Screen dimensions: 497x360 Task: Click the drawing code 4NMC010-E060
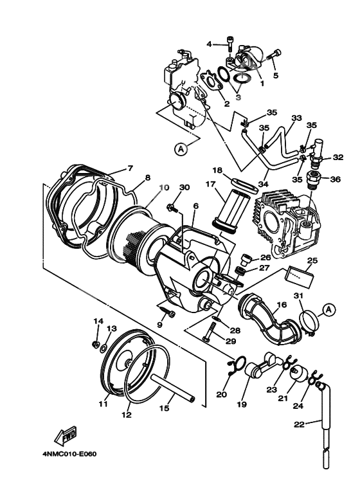(70, 454)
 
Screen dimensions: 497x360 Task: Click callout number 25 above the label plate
(312, 260)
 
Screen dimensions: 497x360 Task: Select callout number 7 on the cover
(129, 168)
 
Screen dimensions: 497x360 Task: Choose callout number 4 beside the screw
(209, 44)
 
